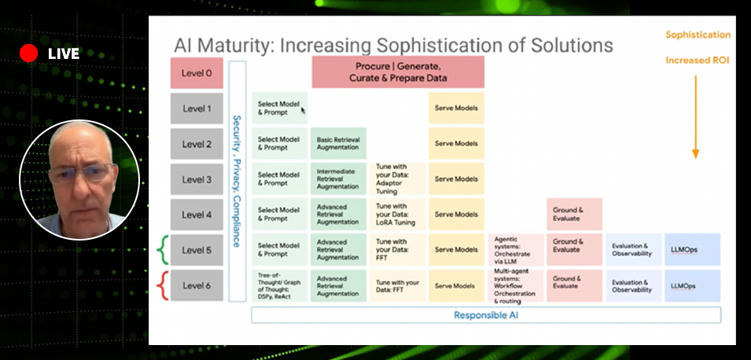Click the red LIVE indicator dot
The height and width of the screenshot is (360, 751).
click(29, 53)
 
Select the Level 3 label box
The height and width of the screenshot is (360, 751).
click(197, 179)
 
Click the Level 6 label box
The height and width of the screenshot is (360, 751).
click(197, 285)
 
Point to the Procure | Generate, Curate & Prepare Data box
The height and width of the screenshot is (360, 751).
click(397, 72)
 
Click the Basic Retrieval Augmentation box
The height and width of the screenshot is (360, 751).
click(338, 144)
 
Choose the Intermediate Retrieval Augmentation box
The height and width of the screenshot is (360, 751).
click(338, 179)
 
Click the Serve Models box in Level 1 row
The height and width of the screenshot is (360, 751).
click(456, 108)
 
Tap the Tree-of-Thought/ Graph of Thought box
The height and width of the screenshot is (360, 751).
click(279, 285)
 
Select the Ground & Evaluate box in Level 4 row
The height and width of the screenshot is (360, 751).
click(574, 214)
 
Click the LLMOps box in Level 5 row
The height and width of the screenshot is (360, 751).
click(692, 249)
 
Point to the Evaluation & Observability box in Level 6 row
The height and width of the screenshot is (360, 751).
click(632, 285)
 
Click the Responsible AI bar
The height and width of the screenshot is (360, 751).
click(485, 315)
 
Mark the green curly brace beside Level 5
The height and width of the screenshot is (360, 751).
click(162, 249)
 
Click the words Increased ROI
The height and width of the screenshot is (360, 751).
click(698, 61)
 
